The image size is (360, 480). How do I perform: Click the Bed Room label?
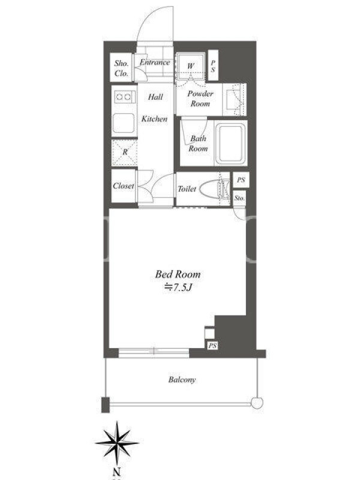(x=178, y=274)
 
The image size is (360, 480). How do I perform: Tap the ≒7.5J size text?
(x=178, y=287)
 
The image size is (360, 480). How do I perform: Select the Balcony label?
(x=182, y=380)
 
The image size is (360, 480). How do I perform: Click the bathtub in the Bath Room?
(x=231, y=143)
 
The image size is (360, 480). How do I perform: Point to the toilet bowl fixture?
(x=214, y=189)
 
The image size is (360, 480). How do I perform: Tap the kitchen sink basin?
(x=124, y=124)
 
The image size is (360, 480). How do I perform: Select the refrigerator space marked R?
(x=125, y=152)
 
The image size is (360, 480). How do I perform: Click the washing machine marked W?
(x=190, y=66)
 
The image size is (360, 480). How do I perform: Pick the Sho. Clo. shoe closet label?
(x=121, y=68)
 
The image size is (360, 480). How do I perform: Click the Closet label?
(x=124, y=186)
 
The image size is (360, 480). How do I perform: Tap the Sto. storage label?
(x=239, y=199)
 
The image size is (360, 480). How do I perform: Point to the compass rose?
(x=117, y=443)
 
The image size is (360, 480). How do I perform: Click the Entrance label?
(x=155, y=62)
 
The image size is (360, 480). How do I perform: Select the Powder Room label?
(x=200, y=98)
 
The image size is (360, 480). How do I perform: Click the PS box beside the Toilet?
(x=241, y=180)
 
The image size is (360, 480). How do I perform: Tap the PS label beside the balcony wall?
(x=212, y=346)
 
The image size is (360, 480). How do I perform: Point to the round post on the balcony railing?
(x=257, y=402)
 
